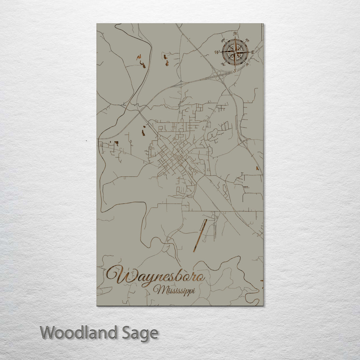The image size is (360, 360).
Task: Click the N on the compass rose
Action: pyautogui.click(x=236, y=34)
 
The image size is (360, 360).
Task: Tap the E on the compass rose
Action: pyautogui.click(x=253, y=52)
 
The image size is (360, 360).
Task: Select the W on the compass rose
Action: pyautogui.click(x=217, y=52)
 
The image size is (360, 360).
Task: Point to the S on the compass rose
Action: pyautogui.click(x=235, y=71)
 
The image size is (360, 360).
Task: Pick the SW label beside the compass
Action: pyautogui.click(x=223, y=64)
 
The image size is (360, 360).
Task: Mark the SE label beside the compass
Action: pyautogui.click(x=247, y=65)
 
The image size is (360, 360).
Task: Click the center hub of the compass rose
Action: pyautogui.click(x=235, y=52)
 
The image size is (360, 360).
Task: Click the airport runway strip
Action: pyautogui.click(x=200, y=235)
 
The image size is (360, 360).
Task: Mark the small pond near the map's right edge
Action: pyautogui.click(x=257, y=168)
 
